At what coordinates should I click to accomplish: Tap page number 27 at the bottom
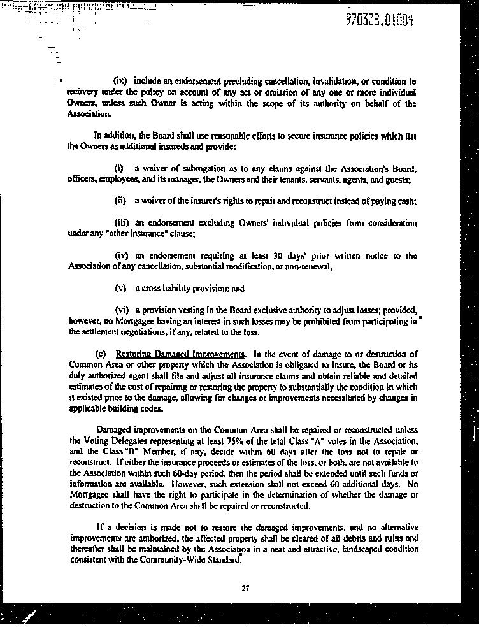click(245, 588)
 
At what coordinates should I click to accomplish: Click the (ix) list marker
click(120, 81)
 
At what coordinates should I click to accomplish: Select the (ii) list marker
click(120, 201)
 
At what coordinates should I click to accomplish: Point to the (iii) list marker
click(122, 223)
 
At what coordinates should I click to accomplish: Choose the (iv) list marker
click(122, 255)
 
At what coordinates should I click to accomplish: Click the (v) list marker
click(120, 288)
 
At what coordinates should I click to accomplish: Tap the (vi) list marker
click(121, 310)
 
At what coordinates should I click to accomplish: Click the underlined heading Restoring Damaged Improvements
click(180, 354)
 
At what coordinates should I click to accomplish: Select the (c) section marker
click(100, 354)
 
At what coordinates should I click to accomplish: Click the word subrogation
click(202, 169)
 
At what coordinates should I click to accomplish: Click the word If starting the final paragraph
click(100, 527)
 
